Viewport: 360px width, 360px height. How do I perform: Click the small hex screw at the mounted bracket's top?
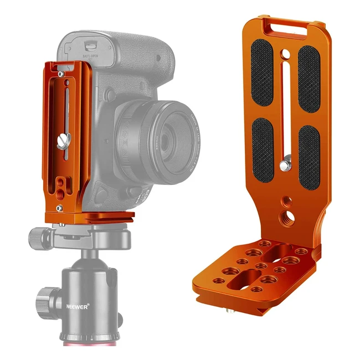click(x=60, y=74)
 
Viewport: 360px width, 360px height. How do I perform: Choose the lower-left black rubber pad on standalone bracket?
click(x=263, y=153)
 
